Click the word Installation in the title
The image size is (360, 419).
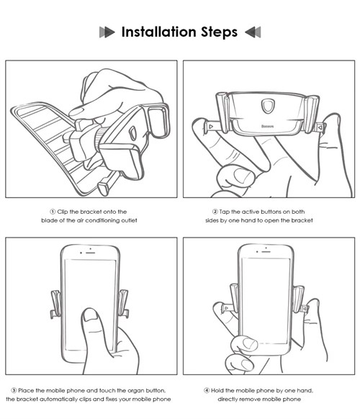(x=159, y=32)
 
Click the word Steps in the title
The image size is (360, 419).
(x=219, y=32)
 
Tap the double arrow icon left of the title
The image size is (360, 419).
(x=107, y=32)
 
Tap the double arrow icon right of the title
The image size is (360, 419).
(x=253, y=32)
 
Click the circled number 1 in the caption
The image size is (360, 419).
(x=53, y=212)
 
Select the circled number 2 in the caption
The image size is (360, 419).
(x=215, y=212)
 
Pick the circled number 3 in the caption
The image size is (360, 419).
(x=14, y=390)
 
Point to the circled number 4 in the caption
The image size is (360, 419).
(x=207, y=390)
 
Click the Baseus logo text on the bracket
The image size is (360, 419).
(x=267, y=126)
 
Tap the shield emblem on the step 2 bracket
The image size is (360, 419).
(x=266, y=106)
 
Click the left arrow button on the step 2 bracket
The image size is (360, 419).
(x=211, y=127)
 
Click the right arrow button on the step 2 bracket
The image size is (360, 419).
(x=320, y=127)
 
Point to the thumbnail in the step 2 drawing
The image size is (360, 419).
(x=243, y=175)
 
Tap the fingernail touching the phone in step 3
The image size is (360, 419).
(x=90, y=315)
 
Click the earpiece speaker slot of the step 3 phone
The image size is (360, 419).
(x=91, y=253)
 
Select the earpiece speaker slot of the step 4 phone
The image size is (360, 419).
(x=266, y=252)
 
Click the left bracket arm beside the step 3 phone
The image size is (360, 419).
(x=56, y=305)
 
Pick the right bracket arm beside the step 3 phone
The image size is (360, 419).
(x=124, y=304)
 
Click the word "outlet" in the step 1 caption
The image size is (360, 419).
(x=129, y=220)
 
